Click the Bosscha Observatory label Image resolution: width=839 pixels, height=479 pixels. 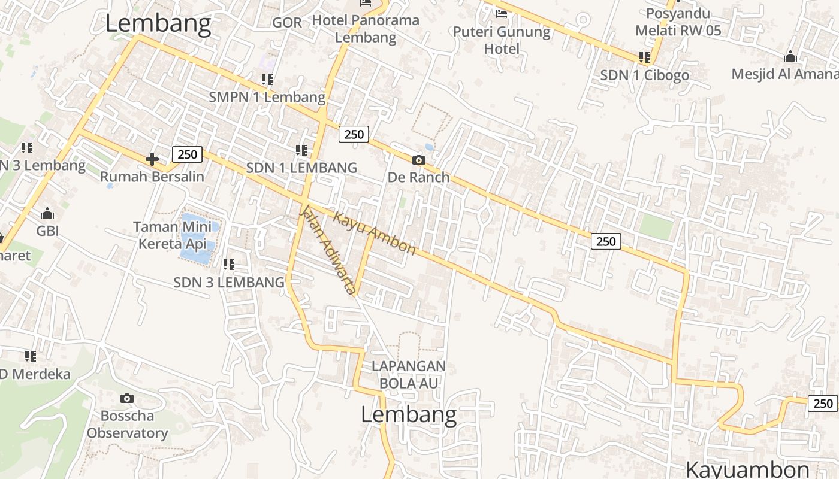pos(127,424)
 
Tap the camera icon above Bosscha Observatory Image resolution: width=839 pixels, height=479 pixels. pos(127,398)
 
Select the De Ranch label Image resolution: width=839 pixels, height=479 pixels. pos(418,177)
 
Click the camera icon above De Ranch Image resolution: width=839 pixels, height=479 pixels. pos(418,160)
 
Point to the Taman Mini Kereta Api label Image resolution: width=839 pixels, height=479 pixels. pos(173,235)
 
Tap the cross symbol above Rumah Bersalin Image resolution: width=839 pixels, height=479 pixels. pos(152,159)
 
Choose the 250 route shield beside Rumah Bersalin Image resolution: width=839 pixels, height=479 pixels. pos(187,154)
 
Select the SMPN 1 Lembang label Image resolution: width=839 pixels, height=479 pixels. pos(267,96)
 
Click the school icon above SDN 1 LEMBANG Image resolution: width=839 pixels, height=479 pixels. pos(301,150)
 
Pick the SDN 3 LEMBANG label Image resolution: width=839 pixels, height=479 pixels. pos(228,282)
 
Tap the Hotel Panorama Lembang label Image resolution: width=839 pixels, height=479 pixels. pos(366,28)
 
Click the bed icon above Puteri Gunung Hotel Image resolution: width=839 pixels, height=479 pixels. pos(501,13)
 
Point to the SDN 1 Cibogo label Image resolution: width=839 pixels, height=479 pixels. pos(644,75)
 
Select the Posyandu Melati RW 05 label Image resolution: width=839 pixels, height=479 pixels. pos(678,22)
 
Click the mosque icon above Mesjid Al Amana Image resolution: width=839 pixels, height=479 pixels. pos(790,57)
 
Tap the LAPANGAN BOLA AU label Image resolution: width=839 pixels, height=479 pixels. pos(409,374)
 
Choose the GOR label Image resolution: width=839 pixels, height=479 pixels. pos(287,22)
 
